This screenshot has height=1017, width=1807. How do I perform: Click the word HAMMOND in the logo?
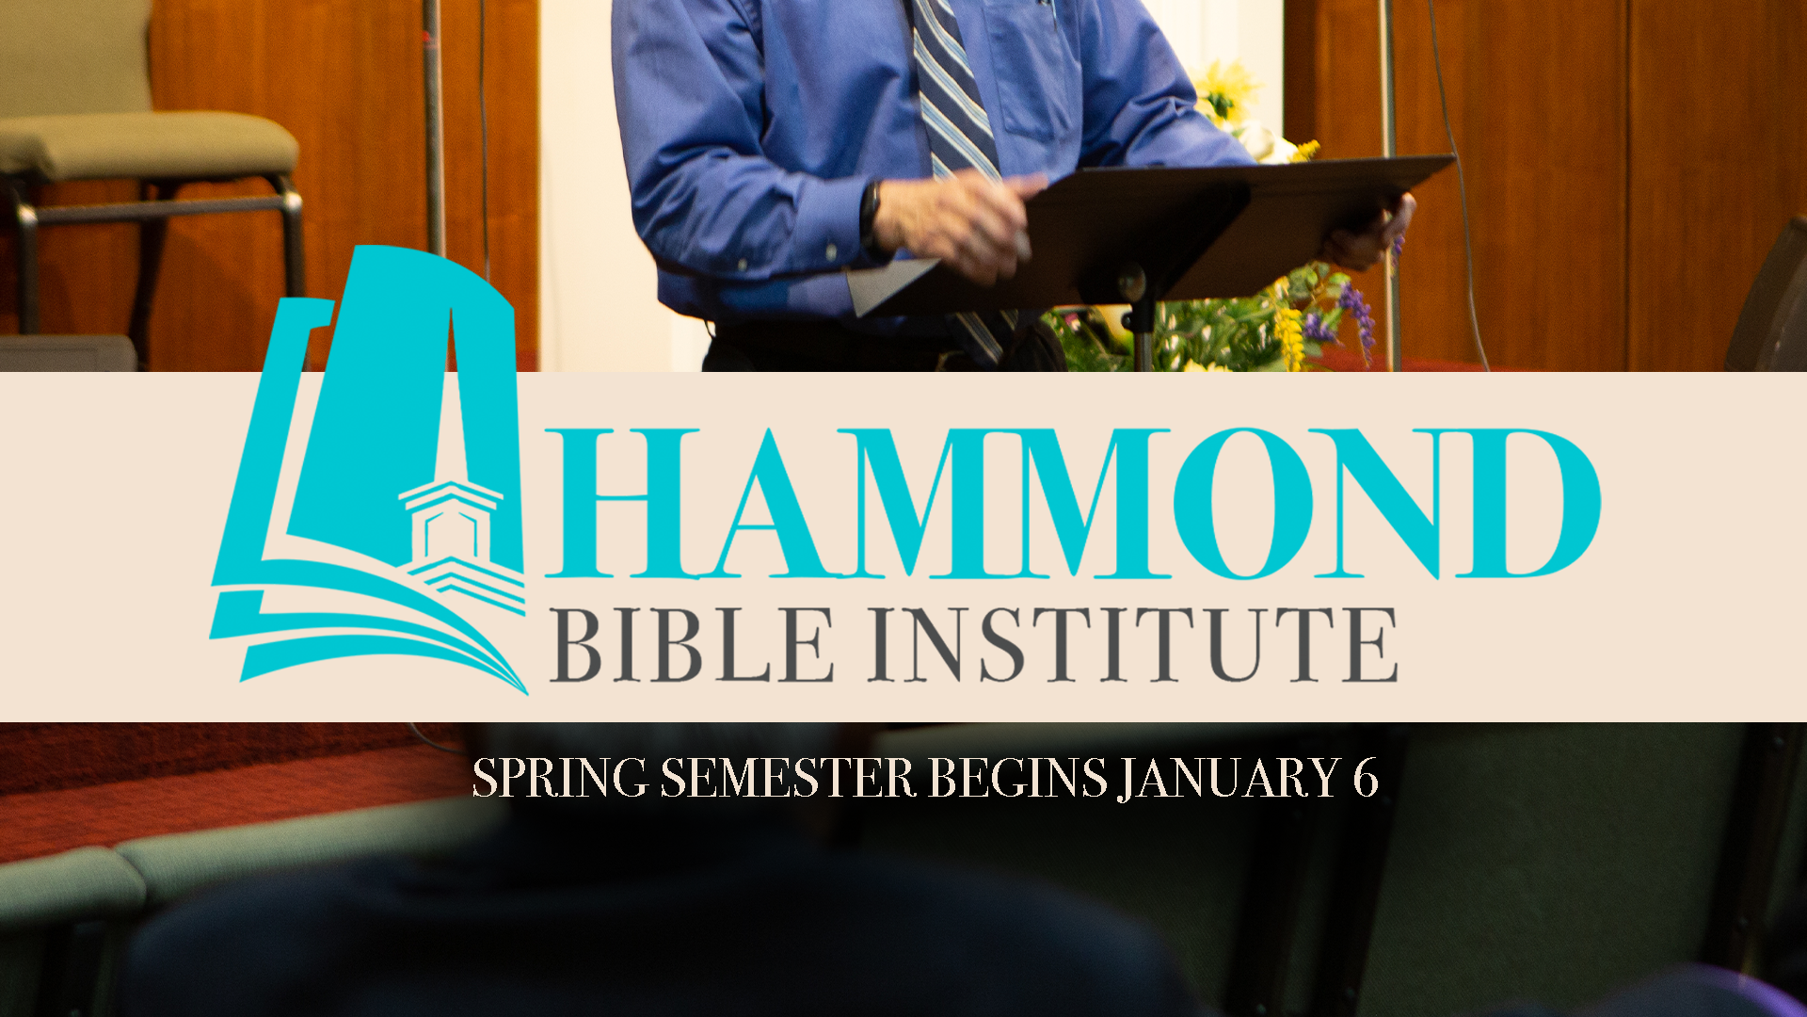(x=1073, y=503)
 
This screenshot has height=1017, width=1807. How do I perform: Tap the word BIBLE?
(x=694, y=645)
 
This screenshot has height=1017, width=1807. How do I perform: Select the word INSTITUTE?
(x=1132, y=645)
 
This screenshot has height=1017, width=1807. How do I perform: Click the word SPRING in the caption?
(x=560, y=779)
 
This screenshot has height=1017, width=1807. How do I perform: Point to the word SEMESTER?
(x=788, y=779)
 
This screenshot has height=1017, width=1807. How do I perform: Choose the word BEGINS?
(x=1017, y=779)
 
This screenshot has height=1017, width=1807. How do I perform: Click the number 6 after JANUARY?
(x=1366, y=779)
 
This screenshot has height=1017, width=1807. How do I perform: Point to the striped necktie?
(x=955, y=104)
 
